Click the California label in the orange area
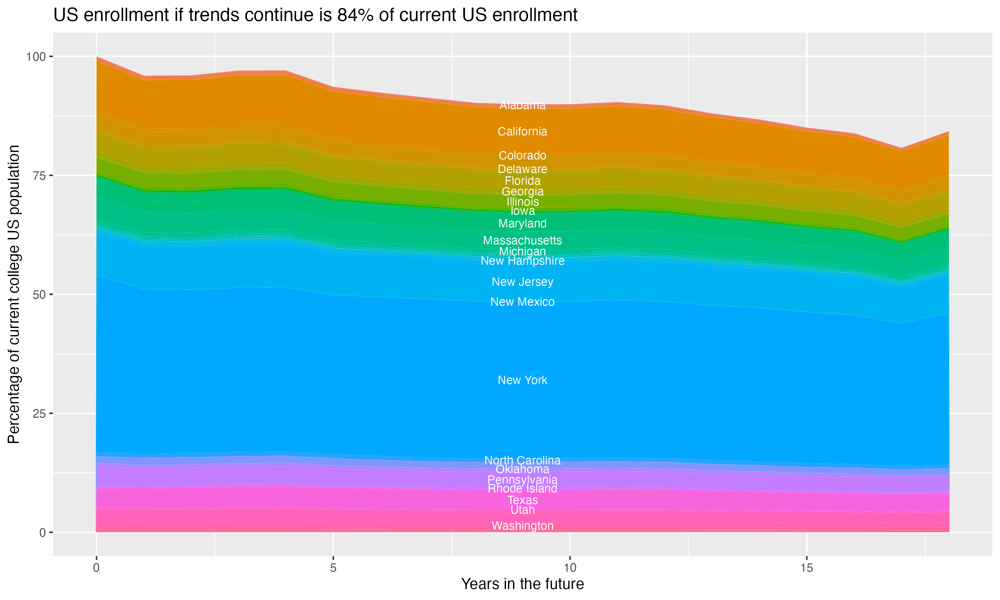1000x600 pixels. point(522,132)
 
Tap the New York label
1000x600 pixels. point(522,380)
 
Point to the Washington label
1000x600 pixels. point(522,526)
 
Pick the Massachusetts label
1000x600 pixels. point(522,241)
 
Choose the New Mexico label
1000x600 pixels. point(522,302)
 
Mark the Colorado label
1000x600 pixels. point(522,156)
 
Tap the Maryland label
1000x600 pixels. point(522,224)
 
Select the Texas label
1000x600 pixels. point(522,500)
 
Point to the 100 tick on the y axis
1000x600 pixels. point(36,57)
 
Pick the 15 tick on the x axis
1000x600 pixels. point(806,568)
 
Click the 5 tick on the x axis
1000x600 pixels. point(333,568)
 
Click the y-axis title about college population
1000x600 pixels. point(14,294)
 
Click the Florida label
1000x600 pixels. point(522,181)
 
